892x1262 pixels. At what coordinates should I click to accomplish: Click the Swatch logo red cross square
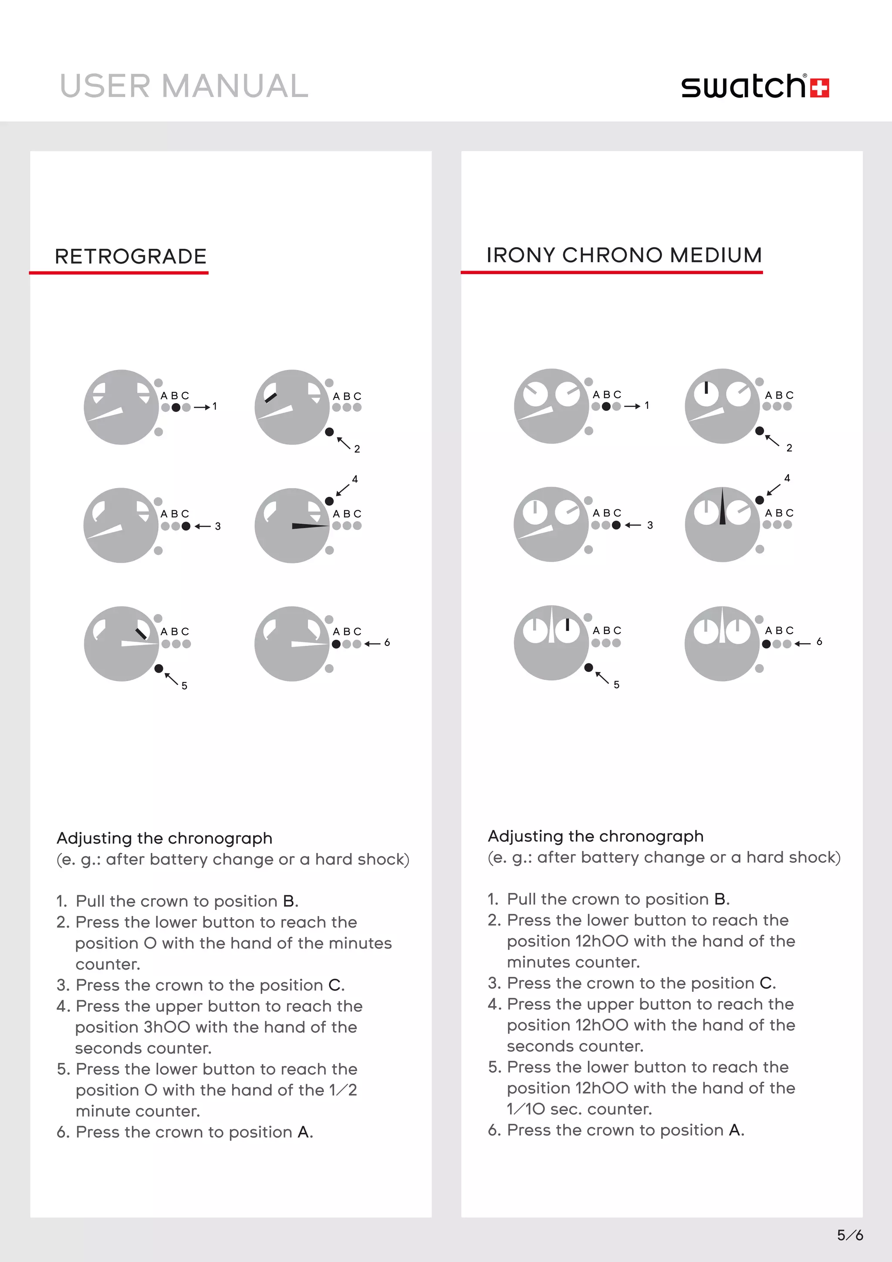click(820, 88)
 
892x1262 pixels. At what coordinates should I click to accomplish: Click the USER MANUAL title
click(184, 86)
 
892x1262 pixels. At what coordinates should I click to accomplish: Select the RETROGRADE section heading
click(131, 256)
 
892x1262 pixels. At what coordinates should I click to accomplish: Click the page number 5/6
click(850, 1235)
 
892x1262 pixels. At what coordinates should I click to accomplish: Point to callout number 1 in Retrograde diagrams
click(215, 406)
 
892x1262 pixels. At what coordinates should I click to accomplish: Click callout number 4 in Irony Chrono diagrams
click(787, 478)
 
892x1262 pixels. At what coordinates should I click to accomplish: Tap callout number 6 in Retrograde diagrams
click(387, 642)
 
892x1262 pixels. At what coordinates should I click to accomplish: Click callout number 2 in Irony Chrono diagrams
click(789, 448)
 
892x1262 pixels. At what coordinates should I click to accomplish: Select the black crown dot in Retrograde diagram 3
click(186, 526)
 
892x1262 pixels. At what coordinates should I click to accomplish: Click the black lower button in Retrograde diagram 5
click(159, 668)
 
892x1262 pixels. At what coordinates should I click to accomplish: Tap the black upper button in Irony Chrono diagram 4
click(760, 500)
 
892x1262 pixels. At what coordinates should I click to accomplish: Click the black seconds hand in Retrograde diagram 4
click(309, 526)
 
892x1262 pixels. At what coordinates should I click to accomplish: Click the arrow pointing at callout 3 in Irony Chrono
click(633, 525)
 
